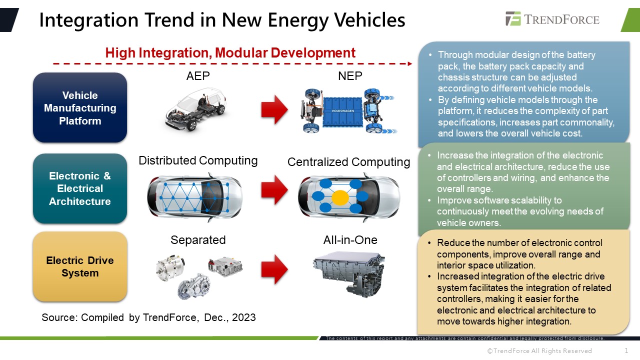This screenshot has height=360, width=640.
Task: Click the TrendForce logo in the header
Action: pos(552,19)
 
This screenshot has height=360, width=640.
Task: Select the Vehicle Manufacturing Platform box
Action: pos(80,108)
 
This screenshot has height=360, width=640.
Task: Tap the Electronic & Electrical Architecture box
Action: pos(80,188)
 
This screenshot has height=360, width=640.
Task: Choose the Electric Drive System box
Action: pos(80,266)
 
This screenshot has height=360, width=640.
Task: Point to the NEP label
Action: pos(350,76)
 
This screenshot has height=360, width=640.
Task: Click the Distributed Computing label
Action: pos(198,160)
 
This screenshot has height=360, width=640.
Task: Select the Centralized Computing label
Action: pos(348,162)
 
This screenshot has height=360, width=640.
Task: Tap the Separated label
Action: pos(198,240)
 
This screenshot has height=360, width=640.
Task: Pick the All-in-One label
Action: pos(350,240)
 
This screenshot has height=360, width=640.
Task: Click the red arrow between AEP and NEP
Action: pos(274,110)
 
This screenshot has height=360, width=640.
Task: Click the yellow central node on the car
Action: pos(340,197)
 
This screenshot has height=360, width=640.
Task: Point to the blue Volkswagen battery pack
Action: pos(340,110)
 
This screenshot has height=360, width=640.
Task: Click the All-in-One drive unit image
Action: pos(348,272)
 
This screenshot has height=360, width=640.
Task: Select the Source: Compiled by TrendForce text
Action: pos(148,317)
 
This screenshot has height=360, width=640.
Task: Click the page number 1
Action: pos(626,350)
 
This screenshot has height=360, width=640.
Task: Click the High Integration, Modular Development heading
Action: pos(230,53)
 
